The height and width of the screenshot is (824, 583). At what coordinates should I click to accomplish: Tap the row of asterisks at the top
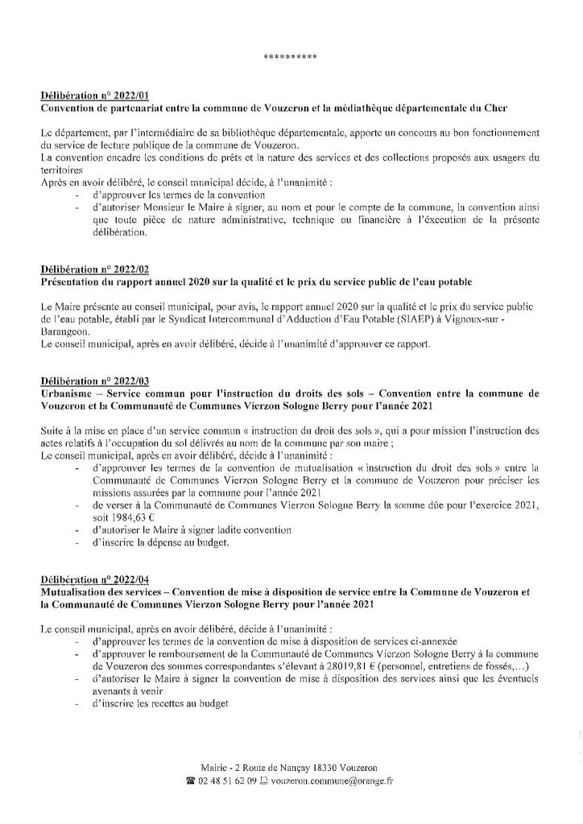[291, 57]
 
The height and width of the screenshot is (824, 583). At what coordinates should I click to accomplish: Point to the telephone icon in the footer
[190, 781]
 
